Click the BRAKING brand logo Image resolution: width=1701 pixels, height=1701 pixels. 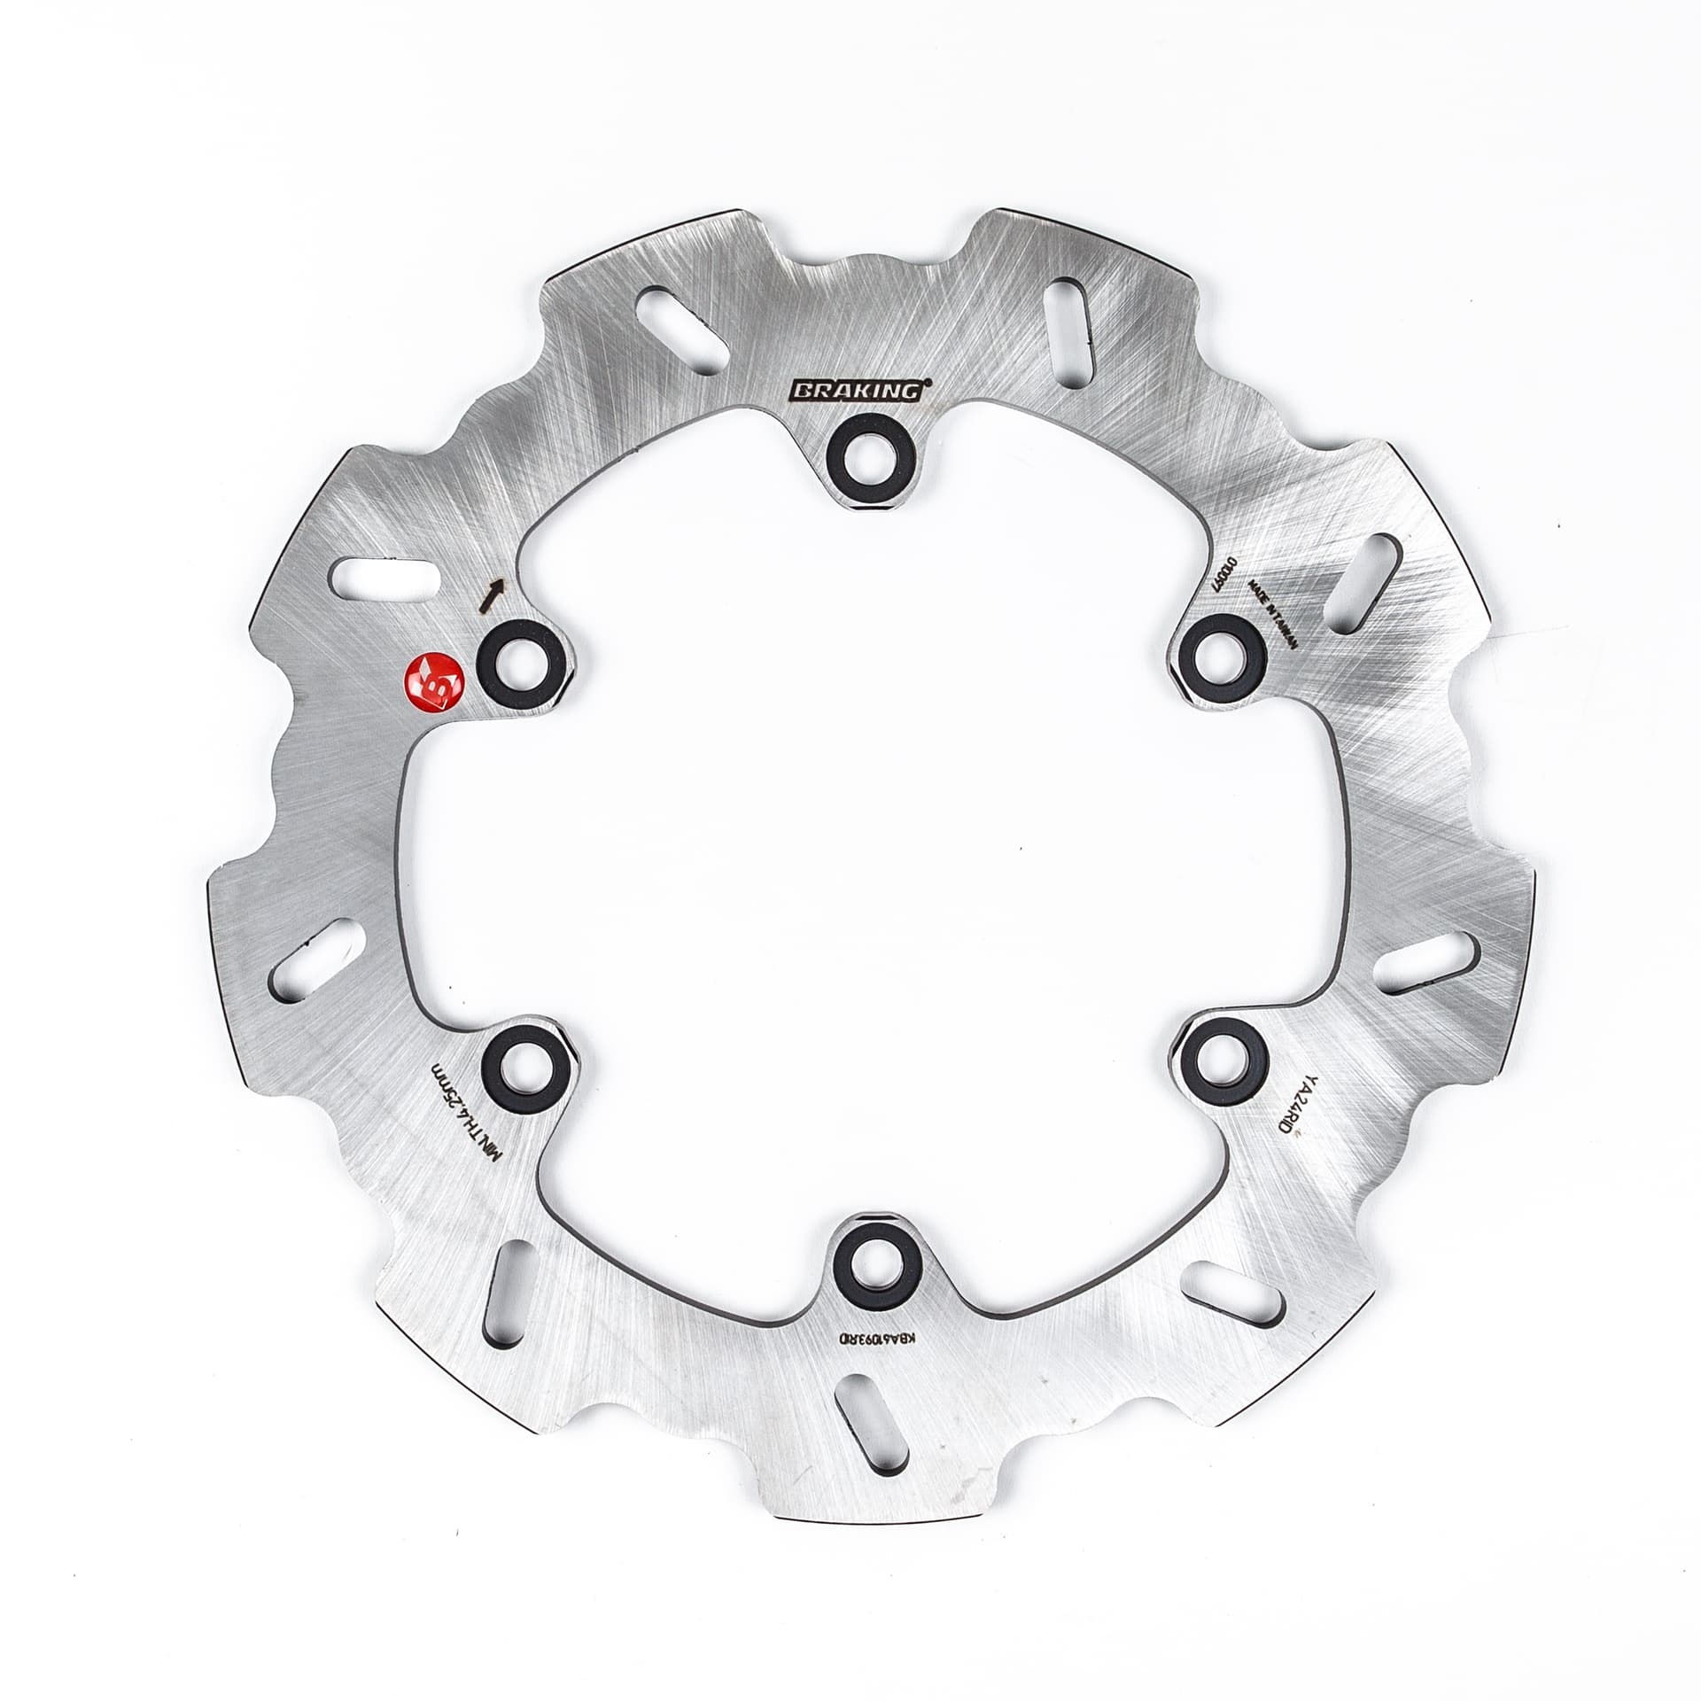click(855, 390)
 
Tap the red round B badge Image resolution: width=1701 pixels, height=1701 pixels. click(436, 683)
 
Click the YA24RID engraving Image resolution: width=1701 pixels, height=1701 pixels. click(1289, 1119)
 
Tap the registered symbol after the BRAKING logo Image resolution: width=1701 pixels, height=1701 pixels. click(928, 381)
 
